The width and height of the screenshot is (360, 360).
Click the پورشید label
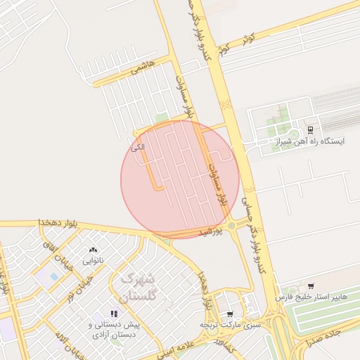211,231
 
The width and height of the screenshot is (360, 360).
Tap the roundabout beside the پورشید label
231,226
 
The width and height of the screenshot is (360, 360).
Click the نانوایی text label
94,261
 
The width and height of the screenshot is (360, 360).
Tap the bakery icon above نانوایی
94,250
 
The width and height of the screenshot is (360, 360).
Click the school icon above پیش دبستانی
114,314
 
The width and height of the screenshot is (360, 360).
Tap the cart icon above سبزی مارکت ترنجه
230,314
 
